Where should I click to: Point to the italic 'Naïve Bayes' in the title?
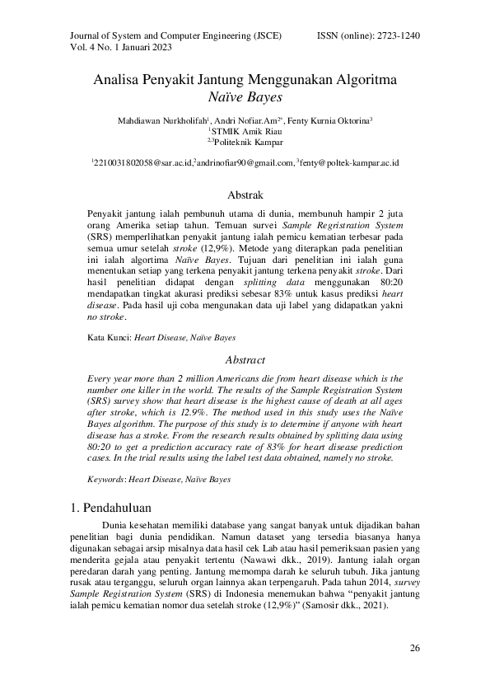pyautogui.click(x=245, y=98)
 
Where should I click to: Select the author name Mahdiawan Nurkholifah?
pyautogui.click(x=161, y=120)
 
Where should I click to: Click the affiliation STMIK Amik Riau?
pyautogui.click(x=245, y=131)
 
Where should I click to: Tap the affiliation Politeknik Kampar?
pyautogui.click(x=245, y=142)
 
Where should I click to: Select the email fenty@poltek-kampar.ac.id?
pyautogui.click(x=349, y=164)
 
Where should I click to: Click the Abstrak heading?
pyautogui.click(x=245, y=196)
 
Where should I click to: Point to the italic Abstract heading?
pyautogui.click(x=245, y=360)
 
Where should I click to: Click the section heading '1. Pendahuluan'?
pyautogui.click(x=111, y=507)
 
